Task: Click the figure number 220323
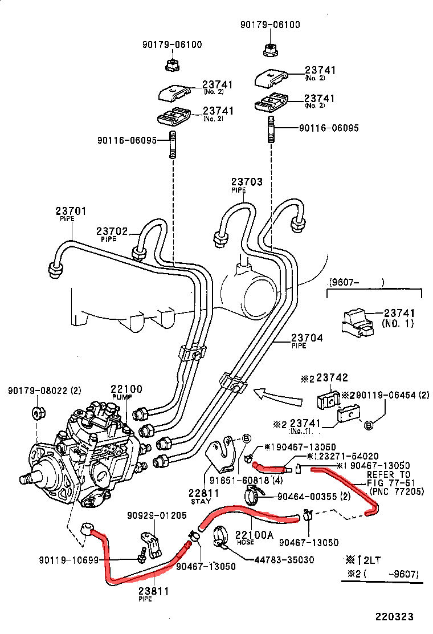394,617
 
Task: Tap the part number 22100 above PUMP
126,389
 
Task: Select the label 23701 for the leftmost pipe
71,212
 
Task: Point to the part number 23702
111,231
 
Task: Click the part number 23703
247,182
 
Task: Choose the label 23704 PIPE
307,338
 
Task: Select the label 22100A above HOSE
255,535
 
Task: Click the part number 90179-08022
38,391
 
